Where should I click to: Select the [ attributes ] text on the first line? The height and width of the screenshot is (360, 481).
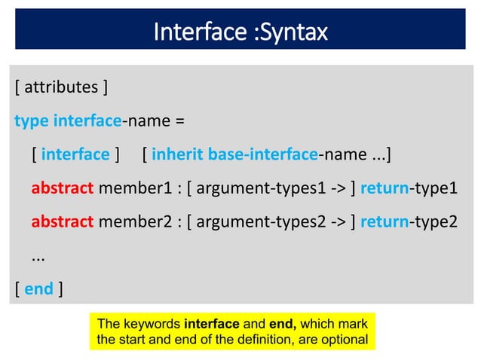coord(61,87)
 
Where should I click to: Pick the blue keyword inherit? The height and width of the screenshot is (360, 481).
coord(178,154)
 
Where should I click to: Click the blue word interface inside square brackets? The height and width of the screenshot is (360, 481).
coord(75,154)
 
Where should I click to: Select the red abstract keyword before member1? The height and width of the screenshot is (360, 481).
coord(63,188)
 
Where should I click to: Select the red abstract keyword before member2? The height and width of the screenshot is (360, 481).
coord(63,221)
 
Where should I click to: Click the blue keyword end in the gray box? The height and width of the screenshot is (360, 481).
coord(38,288)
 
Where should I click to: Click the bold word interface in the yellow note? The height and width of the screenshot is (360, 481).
coord(210,325)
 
